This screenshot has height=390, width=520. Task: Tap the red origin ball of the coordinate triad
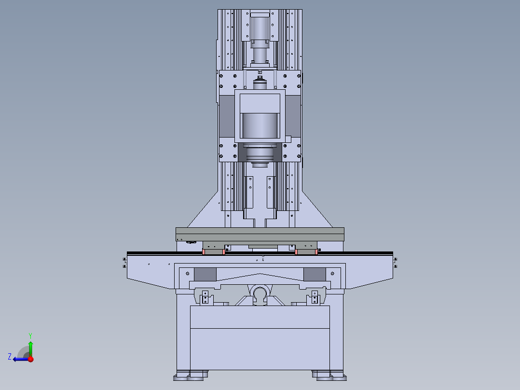30,359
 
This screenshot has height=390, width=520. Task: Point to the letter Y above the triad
30,335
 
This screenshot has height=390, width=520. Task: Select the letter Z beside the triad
10,357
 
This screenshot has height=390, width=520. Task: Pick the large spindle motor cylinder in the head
260,125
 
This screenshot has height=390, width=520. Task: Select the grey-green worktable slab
260,234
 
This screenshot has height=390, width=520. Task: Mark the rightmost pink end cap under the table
316,251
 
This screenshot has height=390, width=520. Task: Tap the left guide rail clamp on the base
205,297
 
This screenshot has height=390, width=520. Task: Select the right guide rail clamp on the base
315,297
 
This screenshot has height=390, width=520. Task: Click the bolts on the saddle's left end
124,263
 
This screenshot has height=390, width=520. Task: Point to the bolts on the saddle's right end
396,263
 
